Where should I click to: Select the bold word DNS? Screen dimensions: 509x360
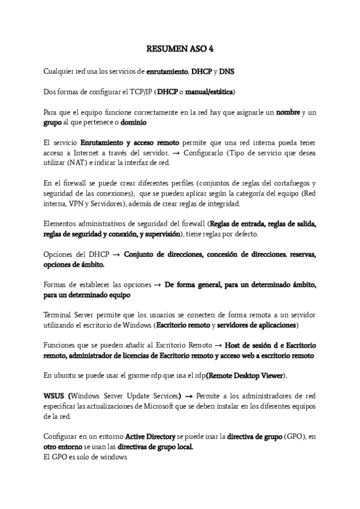[227, 71]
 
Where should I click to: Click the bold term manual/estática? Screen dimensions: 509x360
[209, 92]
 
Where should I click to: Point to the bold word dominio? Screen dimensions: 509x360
[134, 122]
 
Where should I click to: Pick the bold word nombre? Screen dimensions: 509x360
[287, 112]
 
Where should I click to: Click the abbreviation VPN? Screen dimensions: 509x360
[78, 204]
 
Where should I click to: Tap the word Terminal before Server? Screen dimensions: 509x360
[58, 315]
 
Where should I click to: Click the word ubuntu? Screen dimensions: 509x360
[63, 376]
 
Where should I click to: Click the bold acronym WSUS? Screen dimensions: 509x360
[55, 396]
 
